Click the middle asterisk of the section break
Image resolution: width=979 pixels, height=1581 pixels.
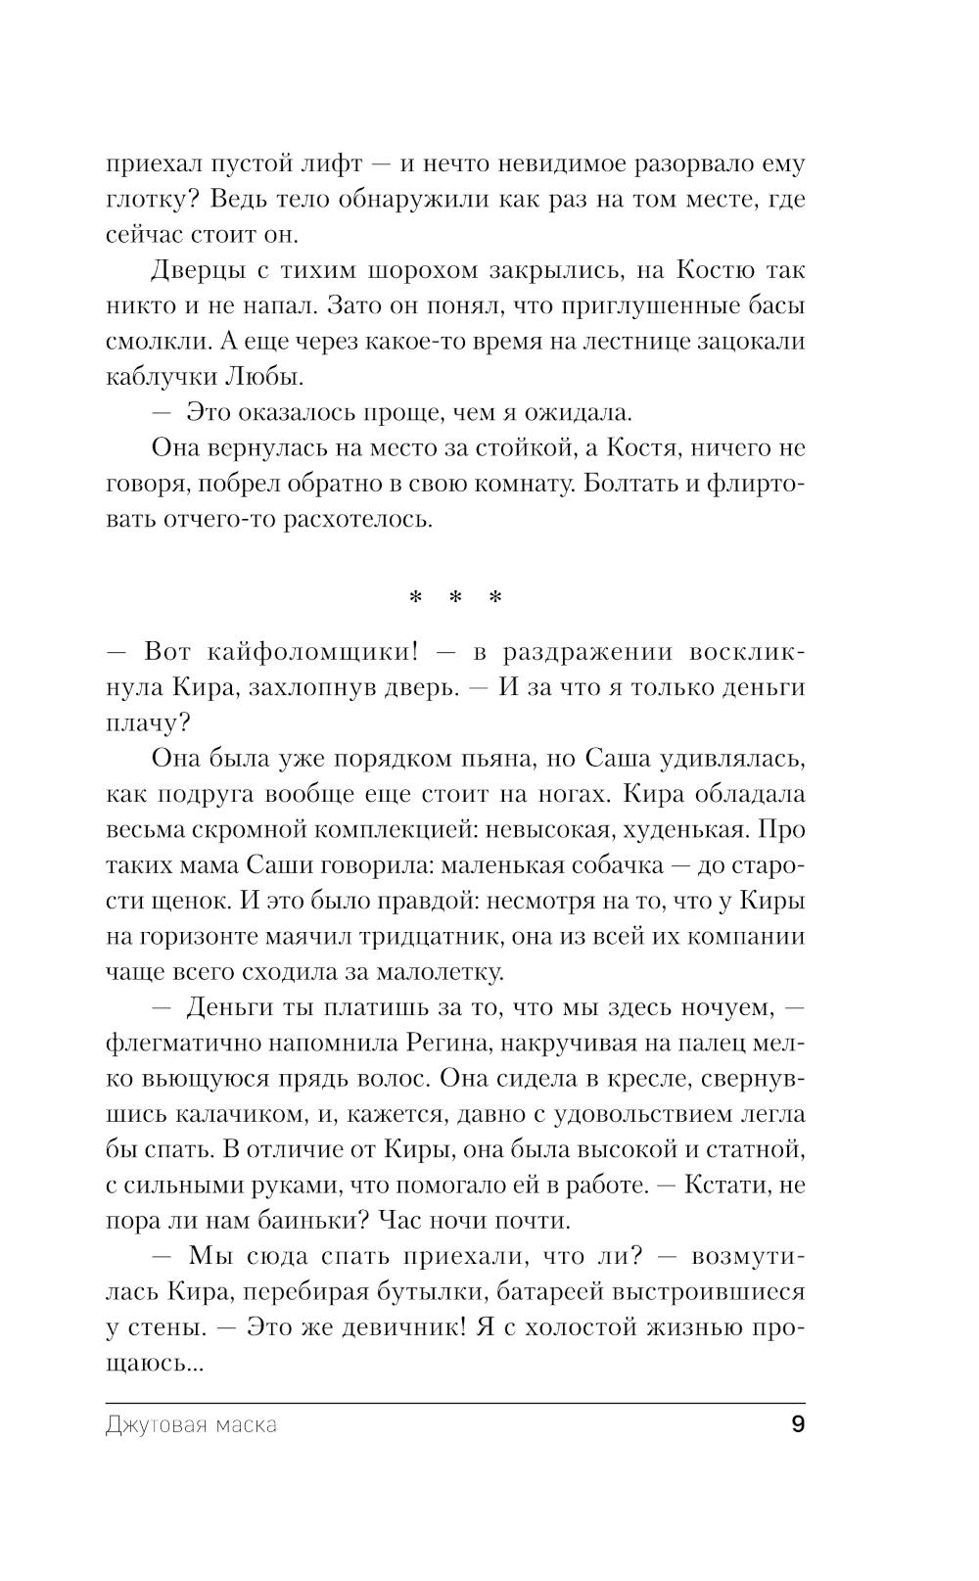tap(455, 597)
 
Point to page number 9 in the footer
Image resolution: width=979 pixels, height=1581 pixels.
tap(797, 1424)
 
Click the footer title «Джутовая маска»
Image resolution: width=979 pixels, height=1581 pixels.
tap(191, 1425)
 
